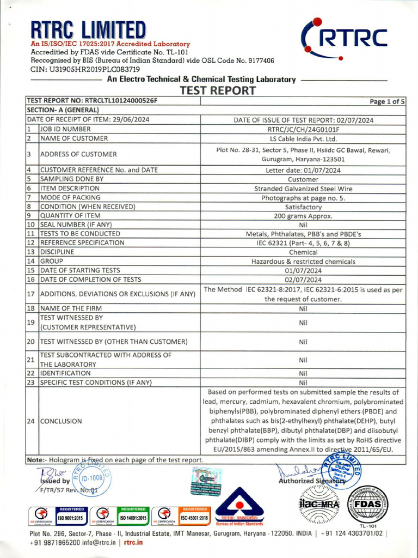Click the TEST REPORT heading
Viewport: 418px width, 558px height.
coord(218,90)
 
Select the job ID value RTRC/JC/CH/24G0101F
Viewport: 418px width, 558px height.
coord(304,129)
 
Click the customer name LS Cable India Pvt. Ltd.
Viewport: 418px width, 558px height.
coord(304,138)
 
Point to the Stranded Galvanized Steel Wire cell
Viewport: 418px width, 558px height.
coord(304,189)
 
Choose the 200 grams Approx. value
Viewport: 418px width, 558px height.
coord(304,216)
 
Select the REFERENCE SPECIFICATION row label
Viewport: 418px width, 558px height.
coord(82,243)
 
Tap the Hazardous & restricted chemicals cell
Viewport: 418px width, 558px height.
coord(304,262)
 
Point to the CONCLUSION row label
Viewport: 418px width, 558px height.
coord(61,421)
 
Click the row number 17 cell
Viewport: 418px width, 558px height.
coord(32,294)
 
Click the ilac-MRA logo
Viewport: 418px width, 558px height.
coord(318,505)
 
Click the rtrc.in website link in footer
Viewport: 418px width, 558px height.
coord(133,542)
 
